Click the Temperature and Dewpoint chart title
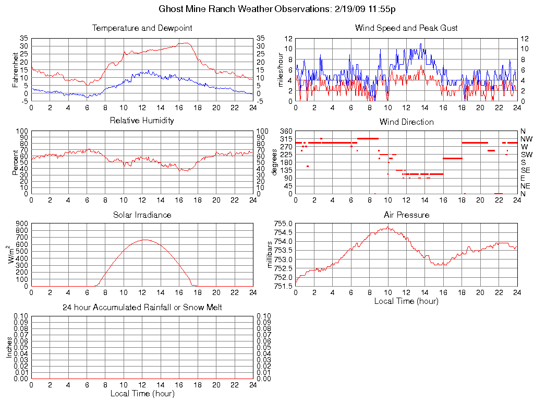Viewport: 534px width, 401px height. [142, 28]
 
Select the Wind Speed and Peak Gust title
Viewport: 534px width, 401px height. [406, 28]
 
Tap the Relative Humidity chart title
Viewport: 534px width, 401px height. [142, 121]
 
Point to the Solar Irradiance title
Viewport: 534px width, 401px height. [142, 215]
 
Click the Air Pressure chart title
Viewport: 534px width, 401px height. [406, 215]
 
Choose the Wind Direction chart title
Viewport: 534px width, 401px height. [406, 122]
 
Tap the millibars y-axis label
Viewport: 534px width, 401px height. [270, 254]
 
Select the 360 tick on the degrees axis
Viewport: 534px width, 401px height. [285, 131]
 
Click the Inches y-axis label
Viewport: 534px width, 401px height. [9, 347]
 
